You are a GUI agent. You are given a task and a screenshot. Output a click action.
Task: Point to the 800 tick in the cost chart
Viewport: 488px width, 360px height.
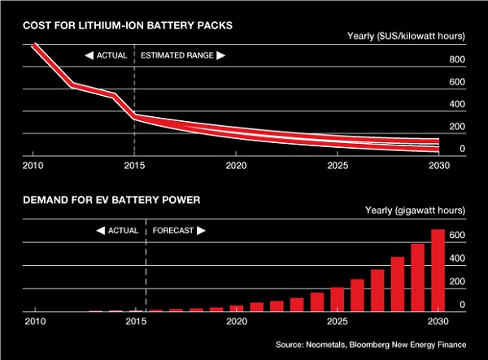pyautogui.click(x=456, y=60)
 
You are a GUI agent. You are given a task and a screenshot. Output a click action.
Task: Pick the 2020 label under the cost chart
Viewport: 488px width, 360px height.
pyautogui.click(x=236, y=165)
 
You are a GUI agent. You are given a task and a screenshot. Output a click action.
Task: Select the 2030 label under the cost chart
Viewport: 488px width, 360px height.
pyautogui.click(x=438, y=165)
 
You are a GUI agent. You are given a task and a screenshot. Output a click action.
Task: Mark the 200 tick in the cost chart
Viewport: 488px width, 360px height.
pyautogui.click(x=456, y=128)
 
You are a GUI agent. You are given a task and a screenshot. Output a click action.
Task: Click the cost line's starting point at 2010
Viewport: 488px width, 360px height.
pyautogui.click(x=34, y=45)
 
